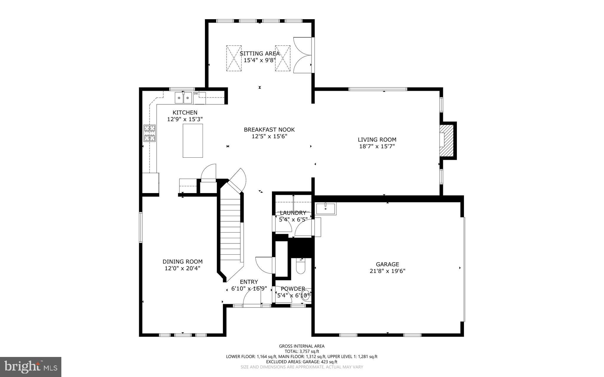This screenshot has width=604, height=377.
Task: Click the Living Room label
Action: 377,140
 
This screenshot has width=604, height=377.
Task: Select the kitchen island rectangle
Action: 193,141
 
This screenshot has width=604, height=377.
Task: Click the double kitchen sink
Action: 183,98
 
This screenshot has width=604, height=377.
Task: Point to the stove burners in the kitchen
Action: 150,133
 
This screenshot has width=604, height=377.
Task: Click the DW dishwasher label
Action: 196,94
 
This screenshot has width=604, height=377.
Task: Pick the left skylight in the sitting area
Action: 234,58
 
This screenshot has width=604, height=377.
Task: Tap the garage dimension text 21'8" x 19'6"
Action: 387,271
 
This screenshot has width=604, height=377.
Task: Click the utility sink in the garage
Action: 326,209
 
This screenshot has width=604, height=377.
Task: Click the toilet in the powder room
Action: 300,267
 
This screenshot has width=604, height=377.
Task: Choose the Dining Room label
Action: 183,261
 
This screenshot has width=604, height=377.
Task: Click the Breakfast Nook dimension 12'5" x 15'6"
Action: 269,136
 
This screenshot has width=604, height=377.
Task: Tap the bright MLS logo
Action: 31,367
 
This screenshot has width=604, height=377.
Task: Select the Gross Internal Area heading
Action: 302,346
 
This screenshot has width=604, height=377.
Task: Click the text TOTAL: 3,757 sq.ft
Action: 302,351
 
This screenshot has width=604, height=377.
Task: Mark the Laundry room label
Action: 293,213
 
